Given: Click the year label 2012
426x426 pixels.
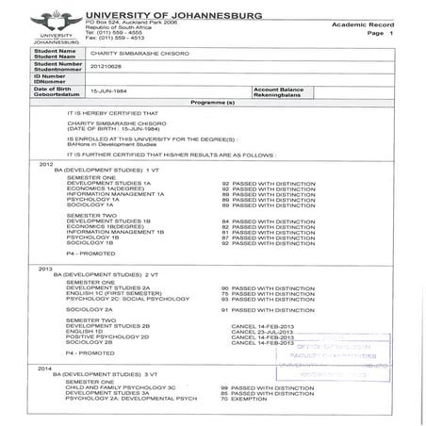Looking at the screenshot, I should pos(45,163).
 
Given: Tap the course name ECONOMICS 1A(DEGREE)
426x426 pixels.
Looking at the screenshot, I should pos(107,188).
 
